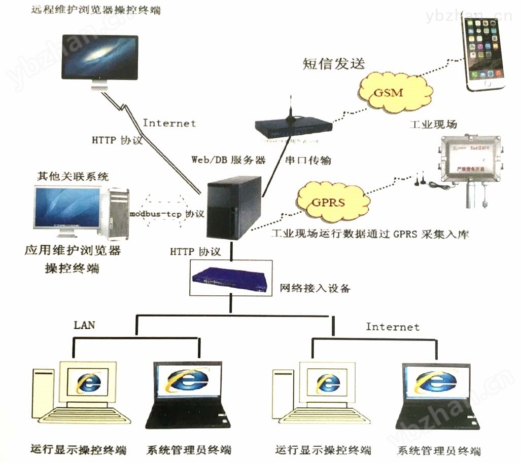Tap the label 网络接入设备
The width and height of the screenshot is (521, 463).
(315, 289)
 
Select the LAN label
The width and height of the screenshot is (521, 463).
(84, 325)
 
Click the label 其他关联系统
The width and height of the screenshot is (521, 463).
(73, 177)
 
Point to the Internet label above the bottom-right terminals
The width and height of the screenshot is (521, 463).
(393, 327)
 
